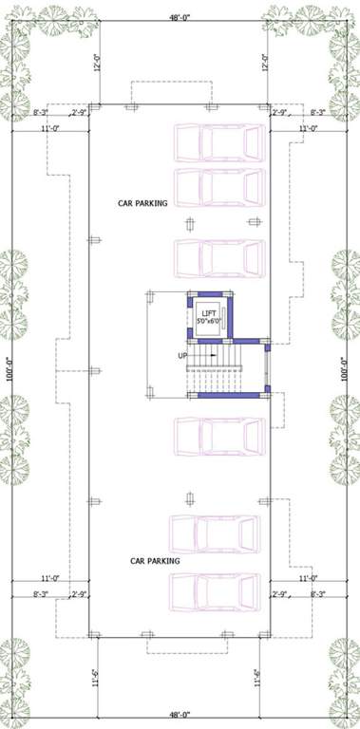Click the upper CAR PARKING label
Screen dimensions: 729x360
click(142, 202)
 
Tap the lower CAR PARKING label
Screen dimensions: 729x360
click(155, 561)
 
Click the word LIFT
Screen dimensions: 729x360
click(208, 313)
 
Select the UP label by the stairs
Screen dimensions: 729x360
click(181, 356)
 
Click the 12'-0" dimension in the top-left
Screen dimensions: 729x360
click(97, 63)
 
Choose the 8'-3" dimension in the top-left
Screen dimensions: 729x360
click(41, 114)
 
